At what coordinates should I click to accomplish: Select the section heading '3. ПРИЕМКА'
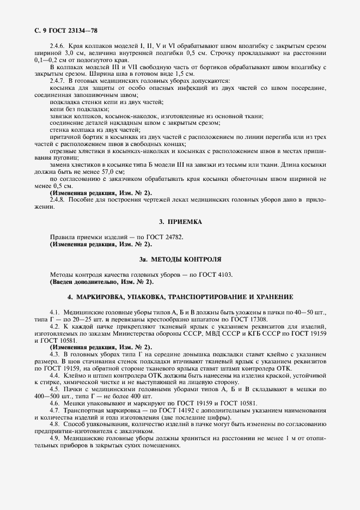(x=180, y=222)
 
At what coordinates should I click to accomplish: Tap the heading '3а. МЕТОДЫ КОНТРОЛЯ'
(x=180, y=259)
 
